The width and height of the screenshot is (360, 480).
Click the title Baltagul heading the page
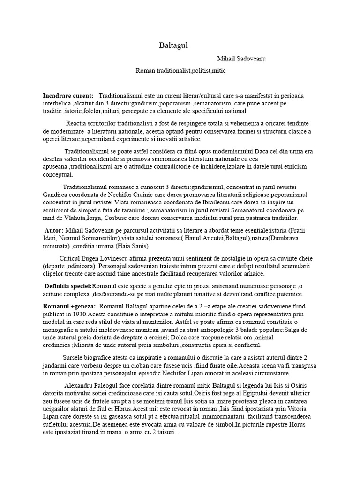click(173, 45)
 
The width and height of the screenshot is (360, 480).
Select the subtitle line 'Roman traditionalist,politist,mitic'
click(181, 71)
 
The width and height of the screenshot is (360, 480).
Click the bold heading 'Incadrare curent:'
click(68, 96)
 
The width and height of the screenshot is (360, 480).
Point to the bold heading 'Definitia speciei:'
click(68, 286)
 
